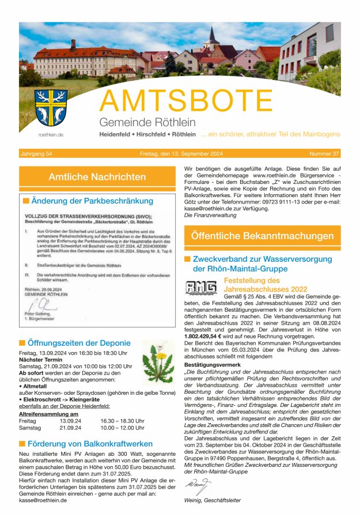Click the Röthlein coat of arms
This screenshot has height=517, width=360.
51,108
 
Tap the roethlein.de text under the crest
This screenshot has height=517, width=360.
51,134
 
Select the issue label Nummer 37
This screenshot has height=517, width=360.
324,154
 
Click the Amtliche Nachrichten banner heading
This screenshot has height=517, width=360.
97,176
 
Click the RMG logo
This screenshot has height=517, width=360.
201,288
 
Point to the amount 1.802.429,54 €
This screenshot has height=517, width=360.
203,335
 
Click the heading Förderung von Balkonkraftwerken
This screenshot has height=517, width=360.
91,444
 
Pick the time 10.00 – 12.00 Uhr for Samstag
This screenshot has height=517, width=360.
122,428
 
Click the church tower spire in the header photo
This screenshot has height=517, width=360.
213,36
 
